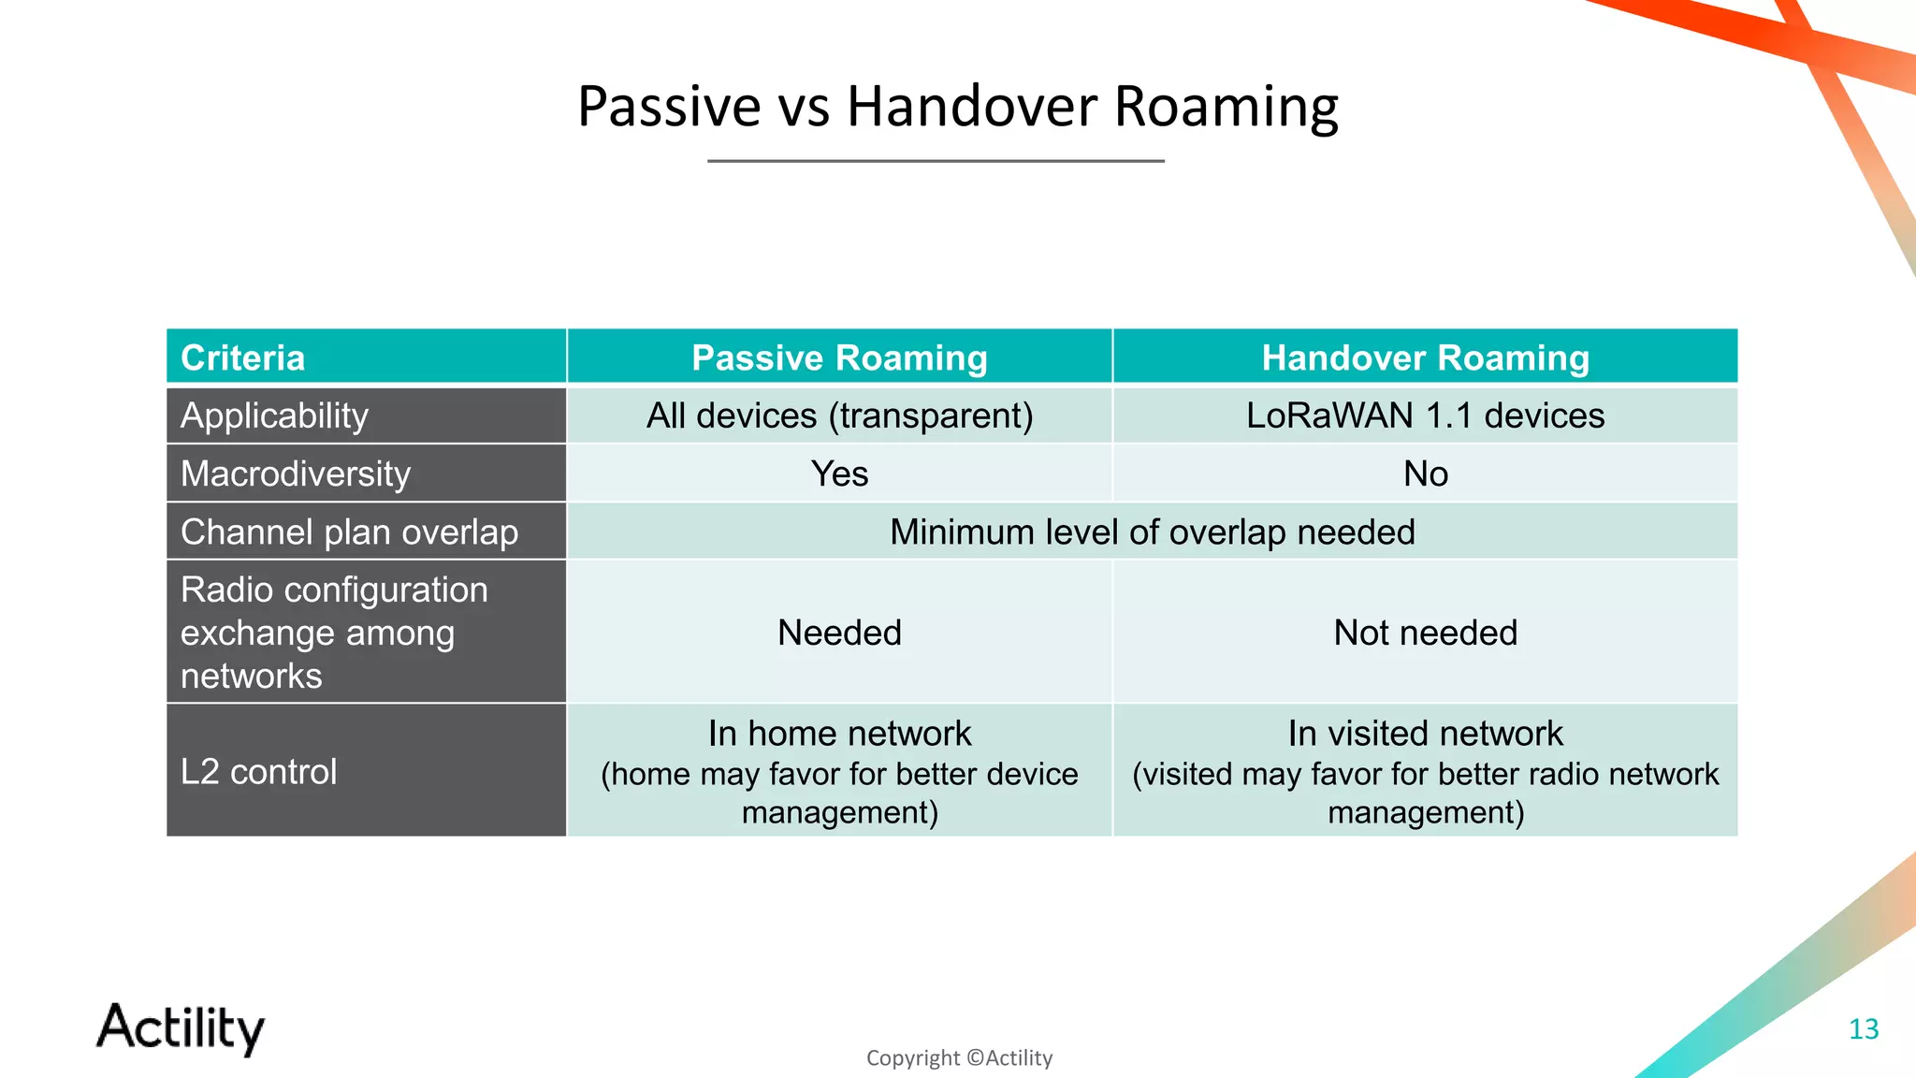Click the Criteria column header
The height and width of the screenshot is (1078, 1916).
tap(243, 358)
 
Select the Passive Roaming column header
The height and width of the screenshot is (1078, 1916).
tap(839, 358)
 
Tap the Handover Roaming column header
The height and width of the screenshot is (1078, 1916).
tap(1425, 358)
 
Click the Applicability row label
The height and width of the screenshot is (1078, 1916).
tap(274, 415)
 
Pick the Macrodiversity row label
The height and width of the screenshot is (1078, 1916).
tap(296, 473)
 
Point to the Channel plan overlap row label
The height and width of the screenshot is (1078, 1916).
tap(349, 532)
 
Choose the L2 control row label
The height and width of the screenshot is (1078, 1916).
tap(258, 771)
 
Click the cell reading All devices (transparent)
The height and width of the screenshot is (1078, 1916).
tap(839, 415)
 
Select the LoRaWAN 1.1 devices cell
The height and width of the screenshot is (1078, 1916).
tap(1425, 415)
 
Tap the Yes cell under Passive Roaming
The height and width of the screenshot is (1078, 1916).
tap(839, 473)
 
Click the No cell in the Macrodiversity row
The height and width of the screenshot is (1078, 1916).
tap(1425, 473)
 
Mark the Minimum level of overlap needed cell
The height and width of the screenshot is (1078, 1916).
tap(1152, 532)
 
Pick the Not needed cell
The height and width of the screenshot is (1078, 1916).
tap(1425, 633)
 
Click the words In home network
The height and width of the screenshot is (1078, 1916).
tap(839, 733)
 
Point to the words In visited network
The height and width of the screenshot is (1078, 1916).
tap(1425, 733)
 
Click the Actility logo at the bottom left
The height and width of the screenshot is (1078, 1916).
tap(181, 1027)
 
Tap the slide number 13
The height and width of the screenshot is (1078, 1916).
tap(1864, 1029)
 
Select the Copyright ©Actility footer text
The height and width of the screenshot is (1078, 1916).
tap(959, 1058)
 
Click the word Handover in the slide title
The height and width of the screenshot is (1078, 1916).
tap(972, 106)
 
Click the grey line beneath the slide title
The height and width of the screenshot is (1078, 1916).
tap(936, 161)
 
